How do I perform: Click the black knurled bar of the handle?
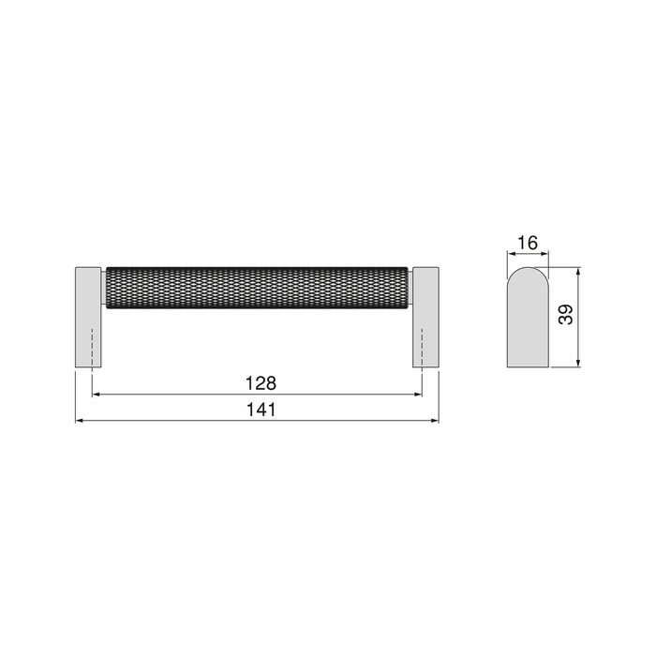click(258, 285)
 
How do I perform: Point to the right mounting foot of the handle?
click(425, 315)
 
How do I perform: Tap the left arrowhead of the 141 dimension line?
click(80, 421)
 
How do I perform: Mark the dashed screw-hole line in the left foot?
click(92, 347)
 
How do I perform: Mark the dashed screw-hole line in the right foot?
click(423, 347)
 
